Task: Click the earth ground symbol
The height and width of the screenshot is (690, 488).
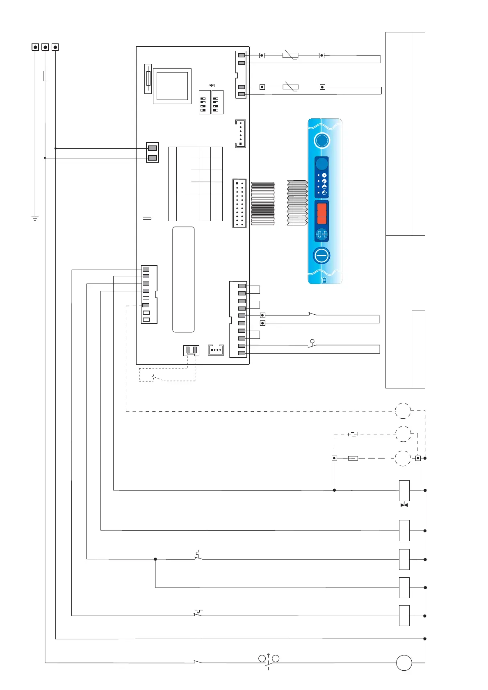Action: pos(35,218)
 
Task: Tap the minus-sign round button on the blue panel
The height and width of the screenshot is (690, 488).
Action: pos(322,256)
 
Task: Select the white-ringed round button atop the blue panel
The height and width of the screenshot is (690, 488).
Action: pos(322,140)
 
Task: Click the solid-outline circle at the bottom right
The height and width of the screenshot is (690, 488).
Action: pos(404,663)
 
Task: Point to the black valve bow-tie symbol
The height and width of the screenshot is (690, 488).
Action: pos(404,505)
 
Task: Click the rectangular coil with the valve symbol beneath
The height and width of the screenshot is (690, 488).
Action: pos(404,490)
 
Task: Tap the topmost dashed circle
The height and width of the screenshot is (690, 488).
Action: pos(403,411)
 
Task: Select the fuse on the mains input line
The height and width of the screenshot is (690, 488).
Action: pos(45,76)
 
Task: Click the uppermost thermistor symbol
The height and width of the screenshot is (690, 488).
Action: pos(290,55)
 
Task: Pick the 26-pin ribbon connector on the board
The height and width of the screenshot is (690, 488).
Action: pos(239,203)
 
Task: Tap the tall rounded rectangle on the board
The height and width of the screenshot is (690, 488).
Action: pos(183,279)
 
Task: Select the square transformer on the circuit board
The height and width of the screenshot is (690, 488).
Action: pos(172,86)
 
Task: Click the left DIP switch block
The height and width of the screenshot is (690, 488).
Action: pos(204,102)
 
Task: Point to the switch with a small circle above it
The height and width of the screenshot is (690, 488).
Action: pos(312,345)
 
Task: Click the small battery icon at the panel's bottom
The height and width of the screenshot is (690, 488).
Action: pos(324,280)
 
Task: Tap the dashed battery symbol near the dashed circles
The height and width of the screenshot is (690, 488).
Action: pos(353,434)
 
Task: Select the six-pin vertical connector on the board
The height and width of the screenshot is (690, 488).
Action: pos(241,133)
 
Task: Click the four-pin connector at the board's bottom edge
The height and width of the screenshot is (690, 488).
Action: pos(216,350)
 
